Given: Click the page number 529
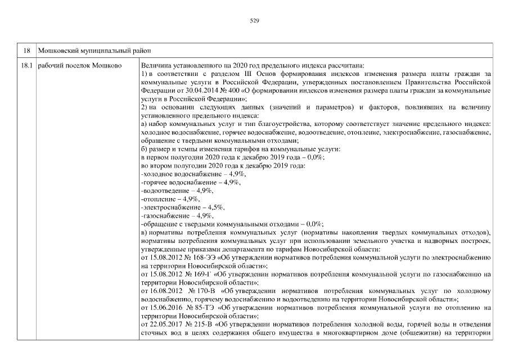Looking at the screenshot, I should coord(254,20).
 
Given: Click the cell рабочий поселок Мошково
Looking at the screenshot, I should coord(79,66).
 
